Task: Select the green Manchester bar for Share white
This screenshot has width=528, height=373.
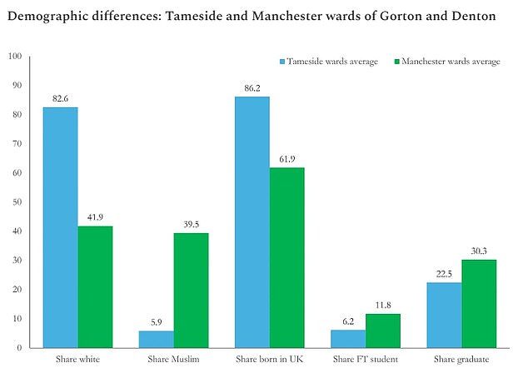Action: (95, 286)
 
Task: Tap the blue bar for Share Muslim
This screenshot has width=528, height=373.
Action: (156, 339)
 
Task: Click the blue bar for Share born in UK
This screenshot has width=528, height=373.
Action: (252, 222)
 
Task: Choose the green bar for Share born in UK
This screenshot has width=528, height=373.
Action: (286, 257)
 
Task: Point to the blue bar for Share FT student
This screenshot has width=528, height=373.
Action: (347, 339)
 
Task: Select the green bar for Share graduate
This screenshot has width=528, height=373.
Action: (478, 303)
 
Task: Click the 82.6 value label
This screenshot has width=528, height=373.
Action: (60, 99)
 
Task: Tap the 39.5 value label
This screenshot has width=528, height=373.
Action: (191, 225)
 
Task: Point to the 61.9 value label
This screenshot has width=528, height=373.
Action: (286, 160)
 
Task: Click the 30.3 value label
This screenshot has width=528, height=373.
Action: (478, 251)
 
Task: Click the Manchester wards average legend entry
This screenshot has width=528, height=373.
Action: (451, 62)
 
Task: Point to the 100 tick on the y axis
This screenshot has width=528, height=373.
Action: (14, 57)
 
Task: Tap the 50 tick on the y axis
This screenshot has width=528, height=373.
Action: (17, 202)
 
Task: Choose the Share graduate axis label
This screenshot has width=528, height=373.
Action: (461, 360)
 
